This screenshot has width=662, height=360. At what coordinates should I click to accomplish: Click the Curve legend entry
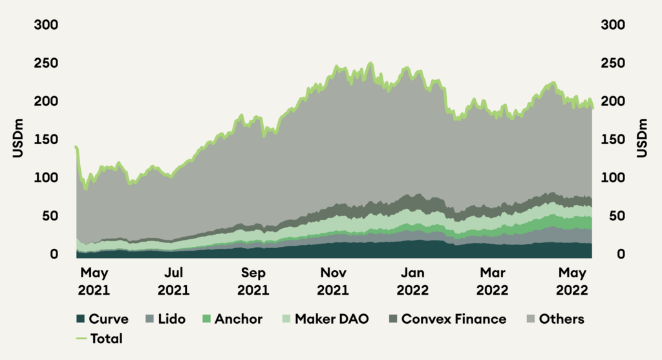pyautogui.click(x=102, y=319)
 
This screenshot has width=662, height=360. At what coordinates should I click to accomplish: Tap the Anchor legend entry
pyautogui.click(x=237, y=319)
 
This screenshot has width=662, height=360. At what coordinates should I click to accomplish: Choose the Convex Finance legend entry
pyautogui.click(x=447, y=319)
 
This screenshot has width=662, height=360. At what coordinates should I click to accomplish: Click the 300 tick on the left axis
pyautogui.click(x=45, y=25)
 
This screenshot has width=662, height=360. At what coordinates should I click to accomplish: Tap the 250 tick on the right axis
pyautogui.click(x=614, y=63)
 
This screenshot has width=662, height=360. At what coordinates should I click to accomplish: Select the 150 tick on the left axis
pyautogui.click(x=45, y=140)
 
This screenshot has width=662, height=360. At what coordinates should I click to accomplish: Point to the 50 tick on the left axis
pyautogui.click(x=49, y=216)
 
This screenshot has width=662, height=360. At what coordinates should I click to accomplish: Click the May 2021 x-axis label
pyautogui.click(x=94, y=281)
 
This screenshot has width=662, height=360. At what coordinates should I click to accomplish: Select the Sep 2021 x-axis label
pyautogui.click(x=253, y=281)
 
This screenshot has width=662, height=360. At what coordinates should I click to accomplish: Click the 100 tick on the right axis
pyautogui.click(x=614, y=178)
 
